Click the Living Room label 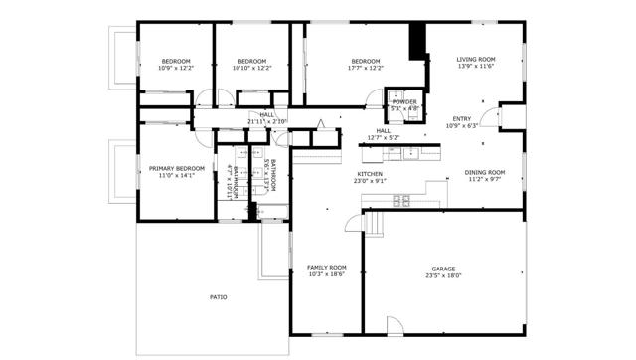(475, 60)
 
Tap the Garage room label (443, 269)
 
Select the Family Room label (326, 267)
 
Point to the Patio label (218, 296)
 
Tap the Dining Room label (486, 173)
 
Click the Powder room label (404, 101)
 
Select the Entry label (463, 118)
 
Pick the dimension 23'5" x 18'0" (443, 275)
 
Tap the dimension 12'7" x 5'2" (383, 136)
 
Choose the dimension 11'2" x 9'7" (486, 180)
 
